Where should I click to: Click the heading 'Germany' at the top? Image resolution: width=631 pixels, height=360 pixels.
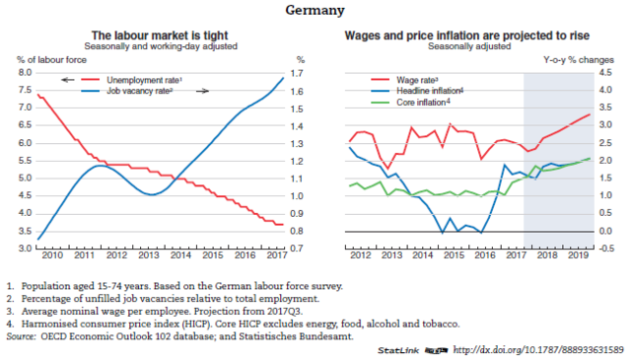tap(315, 12)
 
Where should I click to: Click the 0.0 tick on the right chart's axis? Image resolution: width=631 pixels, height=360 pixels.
tap(608, 232)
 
